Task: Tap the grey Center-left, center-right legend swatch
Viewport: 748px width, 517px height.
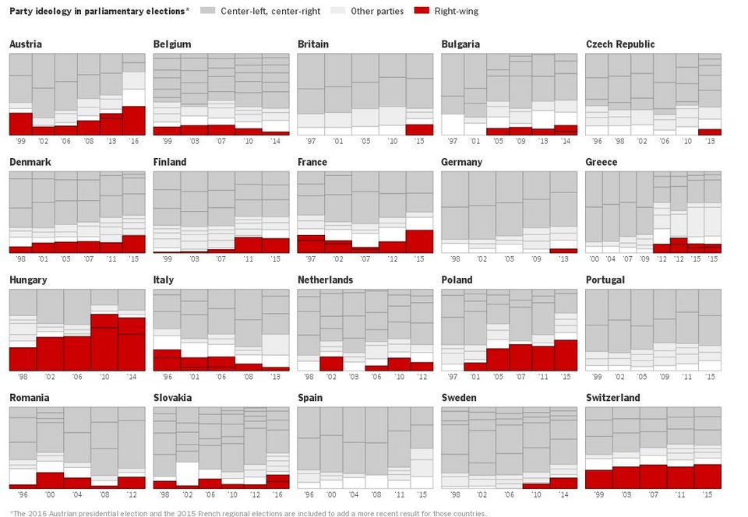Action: click(x=207, y=11)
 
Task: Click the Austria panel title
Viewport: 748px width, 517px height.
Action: click(x=26, y=44)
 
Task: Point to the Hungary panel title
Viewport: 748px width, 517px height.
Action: click(x=28, y=280)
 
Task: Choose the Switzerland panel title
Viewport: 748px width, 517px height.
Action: click(x=612, y=398)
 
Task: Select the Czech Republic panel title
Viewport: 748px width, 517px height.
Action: click(x=620, y=44)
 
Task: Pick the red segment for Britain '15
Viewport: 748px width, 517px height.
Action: click(x=419, y=129)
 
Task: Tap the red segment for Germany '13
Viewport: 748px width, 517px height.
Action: click(x=563, y=251)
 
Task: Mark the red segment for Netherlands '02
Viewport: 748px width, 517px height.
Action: click(x=331, y=363)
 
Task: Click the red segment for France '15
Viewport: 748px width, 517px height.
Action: click(x=419, y=241)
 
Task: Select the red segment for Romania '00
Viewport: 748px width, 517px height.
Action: click(x=51, y=480)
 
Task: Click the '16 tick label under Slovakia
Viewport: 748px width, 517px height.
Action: click(x=278, y=494)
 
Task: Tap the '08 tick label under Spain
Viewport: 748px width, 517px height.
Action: click(x=376, y=494)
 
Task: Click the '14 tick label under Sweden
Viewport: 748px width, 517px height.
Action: click(x=563, y=494)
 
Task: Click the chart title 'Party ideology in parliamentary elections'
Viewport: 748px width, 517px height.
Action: click(x=99, y=12)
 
